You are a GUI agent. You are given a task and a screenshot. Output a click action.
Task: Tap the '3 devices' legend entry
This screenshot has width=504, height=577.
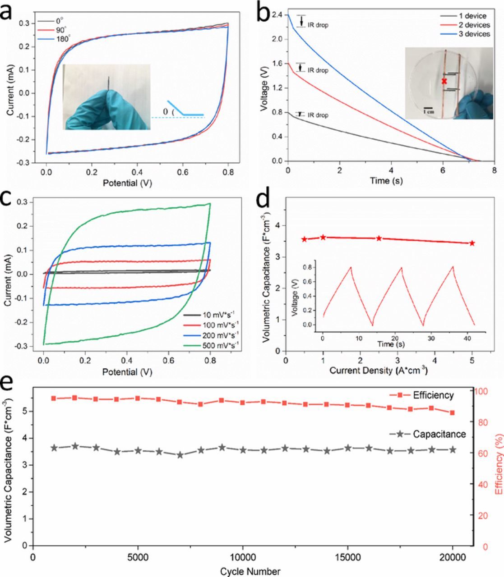click(x=472, y=34)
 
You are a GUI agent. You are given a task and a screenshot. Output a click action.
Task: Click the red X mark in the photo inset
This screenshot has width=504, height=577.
click(x=444, y=81)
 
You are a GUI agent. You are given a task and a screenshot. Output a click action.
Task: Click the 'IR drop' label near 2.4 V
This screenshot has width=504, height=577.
click(x=318, y=25)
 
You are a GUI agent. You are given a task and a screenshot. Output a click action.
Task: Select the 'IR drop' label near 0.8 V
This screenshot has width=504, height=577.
click(x=318, y=115)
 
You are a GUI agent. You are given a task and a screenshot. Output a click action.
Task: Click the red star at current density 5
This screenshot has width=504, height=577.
click(x=472, y=243)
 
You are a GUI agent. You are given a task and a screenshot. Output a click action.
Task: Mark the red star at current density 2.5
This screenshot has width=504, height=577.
click(x=379, y=238)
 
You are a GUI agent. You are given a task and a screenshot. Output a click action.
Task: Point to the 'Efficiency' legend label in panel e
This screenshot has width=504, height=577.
click(x=433, y=395)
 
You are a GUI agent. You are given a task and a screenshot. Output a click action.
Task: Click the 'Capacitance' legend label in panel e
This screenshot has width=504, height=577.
click(x=439, y=434)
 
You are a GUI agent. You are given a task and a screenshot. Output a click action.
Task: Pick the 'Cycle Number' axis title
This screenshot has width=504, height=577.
click(x=250, y=571)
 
